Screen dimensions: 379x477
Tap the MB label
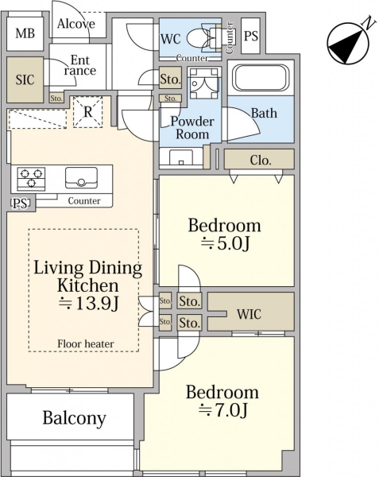pyautogui.click(x=25, y=33)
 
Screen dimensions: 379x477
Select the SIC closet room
pyautogui.click(x=25, y=79)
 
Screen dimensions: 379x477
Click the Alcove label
pyautogui.click(x=76, y=24)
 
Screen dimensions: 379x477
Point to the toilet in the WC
pyautogui.click(x=205, y=38)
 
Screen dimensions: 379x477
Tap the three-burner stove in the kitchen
pyautogui.click(x=31, y=179)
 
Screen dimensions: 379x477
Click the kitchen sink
pyautogui.click(x=82, y=177)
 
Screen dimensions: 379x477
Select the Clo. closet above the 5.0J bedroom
pyautogui.click(x=259, y=159)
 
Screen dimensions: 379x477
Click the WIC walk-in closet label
pyautogui.click(x=249, y=314)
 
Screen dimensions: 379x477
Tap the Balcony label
pyautogui.click(x=74, y=418)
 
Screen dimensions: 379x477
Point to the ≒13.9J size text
pyautogui.click(x=88, y=304)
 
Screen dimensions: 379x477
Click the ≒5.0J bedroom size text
pyautogui.click(x=225, y=243)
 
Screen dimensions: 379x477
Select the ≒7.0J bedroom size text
pyautogui.click(x=222, y=409)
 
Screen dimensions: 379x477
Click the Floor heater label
pyautogui.click(x=86, y=343)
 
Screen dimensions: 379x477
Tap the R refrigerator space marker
pyautogui.click(x=88, y=112)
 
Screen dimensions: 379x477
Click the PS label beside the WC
pyautogui.click(x=251, y=36)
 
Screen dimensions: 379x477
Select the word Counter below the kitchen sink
pyautogui.click(x=84, y=201)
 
